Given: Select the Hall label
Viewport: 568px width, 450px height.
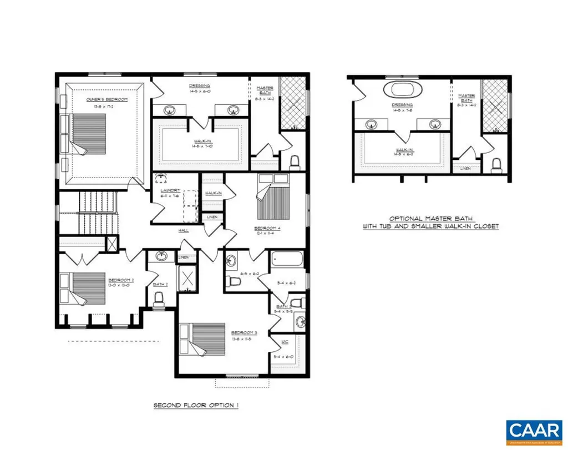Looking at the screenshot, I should (x=184, y=230).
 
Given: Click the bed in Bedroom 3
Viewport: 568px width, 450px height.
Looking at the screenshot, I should (x=205, y=338).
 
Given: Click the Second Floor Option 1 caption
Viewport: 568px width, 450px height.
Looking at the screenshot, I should (x=196, y=406).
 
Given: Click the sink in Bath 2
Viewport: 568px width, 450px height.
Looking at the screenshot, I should (x=161, y=257).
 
